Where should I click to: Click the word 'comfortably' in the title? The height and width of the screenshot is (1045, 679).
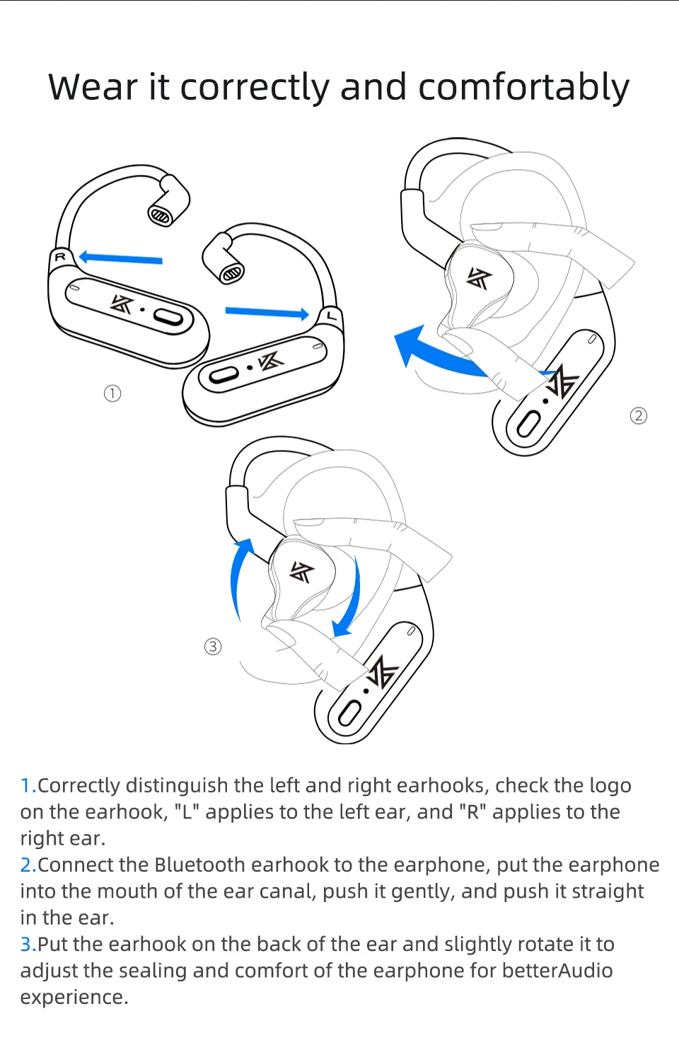coord(523,88)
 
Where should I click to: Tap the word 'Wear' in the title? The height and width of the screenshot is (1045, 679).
coord(93,88)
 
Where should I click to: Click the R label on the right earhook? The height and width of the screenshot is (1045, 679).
coord(61,257)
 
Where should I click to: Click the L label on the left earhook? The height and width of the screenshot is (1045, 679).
coord(331,316)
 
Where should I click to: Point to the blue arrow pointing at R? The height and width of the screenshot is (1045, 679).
coord(120,258)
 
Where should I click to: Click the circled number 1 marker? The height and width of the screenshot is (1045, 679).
coord(112,393)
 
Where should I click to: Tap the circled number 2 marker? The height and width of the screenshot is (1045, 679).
coord(638,415)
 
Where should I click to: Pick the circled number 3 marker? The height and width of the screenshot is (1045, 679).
coord(213,647)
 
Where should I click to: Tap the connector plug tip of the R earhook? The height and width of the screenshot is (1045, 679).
coord(161,215)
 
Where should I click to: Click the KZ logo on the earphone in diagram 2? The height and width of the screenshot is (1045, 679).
coord(479,279)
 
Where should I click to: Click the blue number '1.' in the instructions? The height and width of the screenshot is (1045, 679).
coord(28,786)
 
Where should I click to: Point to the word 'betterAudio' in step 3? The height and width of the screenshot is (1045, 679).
coord(557,971)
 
